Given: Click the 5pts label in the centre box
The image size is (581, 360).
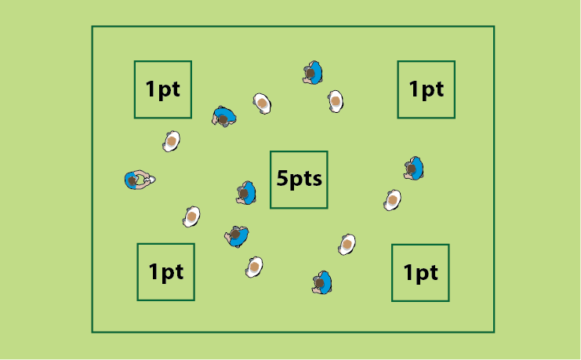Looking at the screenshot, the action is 299,179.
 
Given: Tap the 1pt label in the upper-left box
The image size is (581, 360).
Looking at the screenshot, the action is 162,89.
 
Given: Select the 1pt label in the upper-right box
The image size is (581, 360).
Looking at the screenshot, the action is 426,89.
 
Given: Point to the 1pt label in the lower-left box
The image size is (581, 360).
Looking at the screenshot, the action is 165,272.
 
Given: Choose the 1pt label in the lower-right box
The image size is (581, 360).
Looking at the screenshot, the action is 420,273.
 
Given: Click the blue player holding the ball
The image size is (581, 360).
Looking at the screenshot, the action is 138,180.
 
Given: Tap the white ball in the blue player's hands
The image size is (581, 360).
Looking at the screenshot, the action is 151,180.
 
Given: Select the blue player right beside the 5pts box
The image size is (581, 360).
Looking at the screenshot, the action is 246,193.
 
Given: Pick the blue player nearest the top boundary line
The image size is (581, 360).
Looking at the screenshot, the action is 313,73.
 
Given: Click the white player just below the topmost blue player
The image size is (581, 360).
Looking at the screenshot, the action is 336,101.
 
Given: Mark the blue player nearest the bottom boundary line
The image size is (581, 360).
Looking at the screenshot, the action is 322,283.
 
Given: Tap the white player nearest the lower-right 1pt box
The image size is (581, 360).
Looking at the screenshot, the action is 347,245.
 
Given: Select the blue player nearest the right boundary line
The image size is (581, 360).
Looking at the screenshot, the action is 414,169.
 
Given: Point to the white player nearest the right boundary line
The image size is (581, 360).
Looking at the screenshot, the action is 392,200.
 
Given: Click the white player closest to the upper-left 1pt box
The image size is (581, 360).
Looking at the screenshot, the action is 171,141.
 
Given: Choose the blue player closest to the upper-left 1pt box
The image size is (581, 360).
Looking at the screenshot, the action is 223,116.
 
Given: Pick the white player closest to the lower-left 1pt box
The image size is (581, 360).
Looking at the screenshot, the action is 191,216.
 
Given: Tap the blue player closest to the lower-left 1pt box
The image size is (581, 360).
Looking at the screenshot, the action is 237,237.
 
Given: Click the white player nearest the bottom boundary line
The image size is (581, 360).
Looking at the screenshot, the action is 254,267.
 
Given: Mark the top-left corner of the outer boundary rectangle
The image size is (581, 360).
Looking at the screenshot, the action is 93,27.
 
